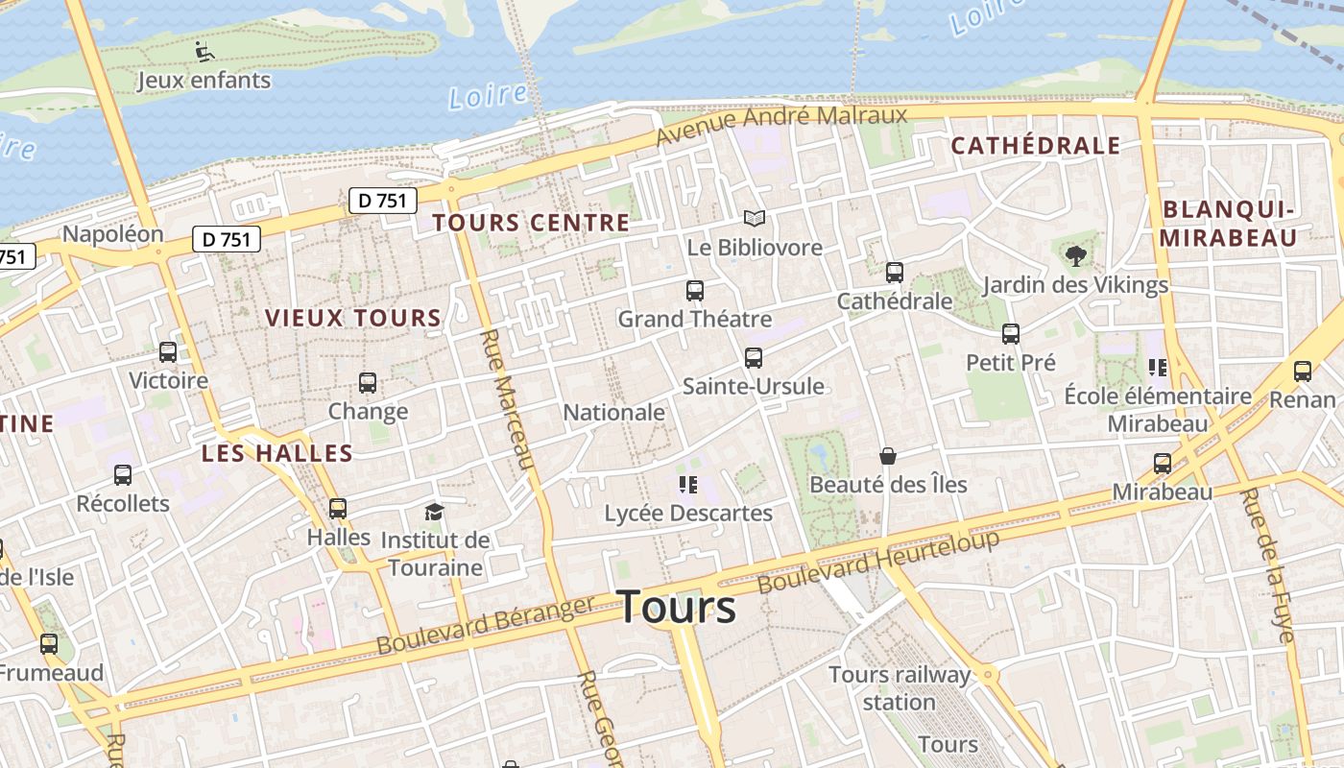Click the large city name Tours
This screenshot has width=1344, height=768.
(677, 607)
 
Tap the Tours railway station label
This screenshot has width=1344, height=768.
(900, 688)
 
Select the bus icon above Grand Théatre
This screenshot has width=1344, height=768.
(695, 290)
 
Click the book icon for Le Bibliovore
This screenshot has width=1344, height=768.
(755, 219)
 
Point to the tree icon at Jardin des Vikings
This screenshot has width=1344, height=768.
(1075, 255)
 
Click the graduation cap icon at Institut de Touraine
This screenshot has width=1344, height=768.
(435, 511)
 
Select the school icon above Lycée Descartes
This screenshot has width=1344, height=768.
(687, 484)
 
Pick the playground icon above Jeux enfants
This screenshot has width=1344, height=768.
(204, 51)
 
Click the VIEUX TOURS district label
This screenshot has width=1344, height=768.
(353, 318)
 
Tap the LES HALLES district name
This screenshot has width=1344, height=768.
(277, 453)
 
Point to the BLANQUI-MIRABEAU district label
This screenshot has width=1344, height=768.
(1229, 224)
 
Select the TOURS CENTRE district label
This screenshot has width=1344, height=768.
(531, 223)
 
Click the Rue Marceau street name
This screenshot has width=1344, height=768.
(507, 399)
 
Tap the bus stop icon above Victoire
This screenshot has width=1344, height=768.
(168, 352)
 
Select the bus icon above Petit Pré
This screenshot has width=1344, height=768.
(1011, 334)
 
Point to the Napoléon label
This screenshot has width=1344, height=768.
(112, 234)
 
